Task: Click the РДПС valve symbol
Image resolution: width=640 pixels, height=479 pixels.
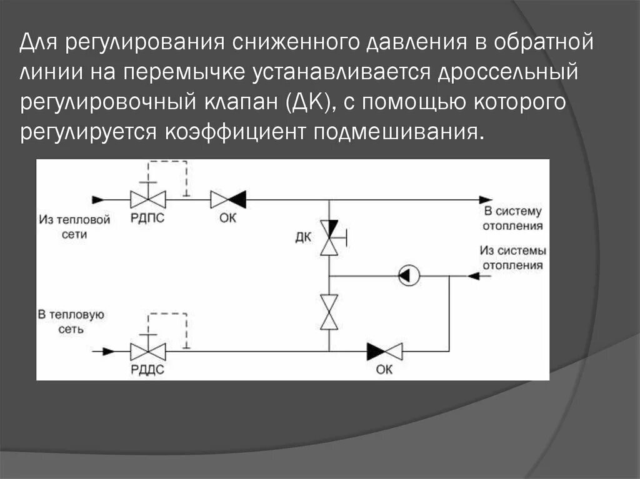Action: click(148, 199)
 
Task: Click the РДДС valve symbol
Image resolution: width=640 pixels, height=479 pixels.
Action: click(148, 351)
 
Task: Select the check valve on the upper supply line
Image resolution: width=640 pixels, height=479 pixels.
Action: click(227, 199)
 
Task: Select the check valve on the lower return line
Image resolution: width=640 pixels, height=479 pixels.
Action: click(384, 351)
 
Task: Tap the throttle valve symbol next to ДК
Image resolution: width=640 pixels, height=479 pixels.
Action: click(329, 237)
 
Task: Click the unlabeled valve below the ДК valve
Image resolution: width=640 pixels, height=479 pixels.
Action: click(329, 312)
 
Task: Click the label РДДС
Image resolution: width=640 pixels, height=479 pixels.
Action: click(148, 369)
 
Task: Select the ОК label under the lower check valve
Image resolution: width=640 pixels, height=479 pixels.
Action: click(384, 369)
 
